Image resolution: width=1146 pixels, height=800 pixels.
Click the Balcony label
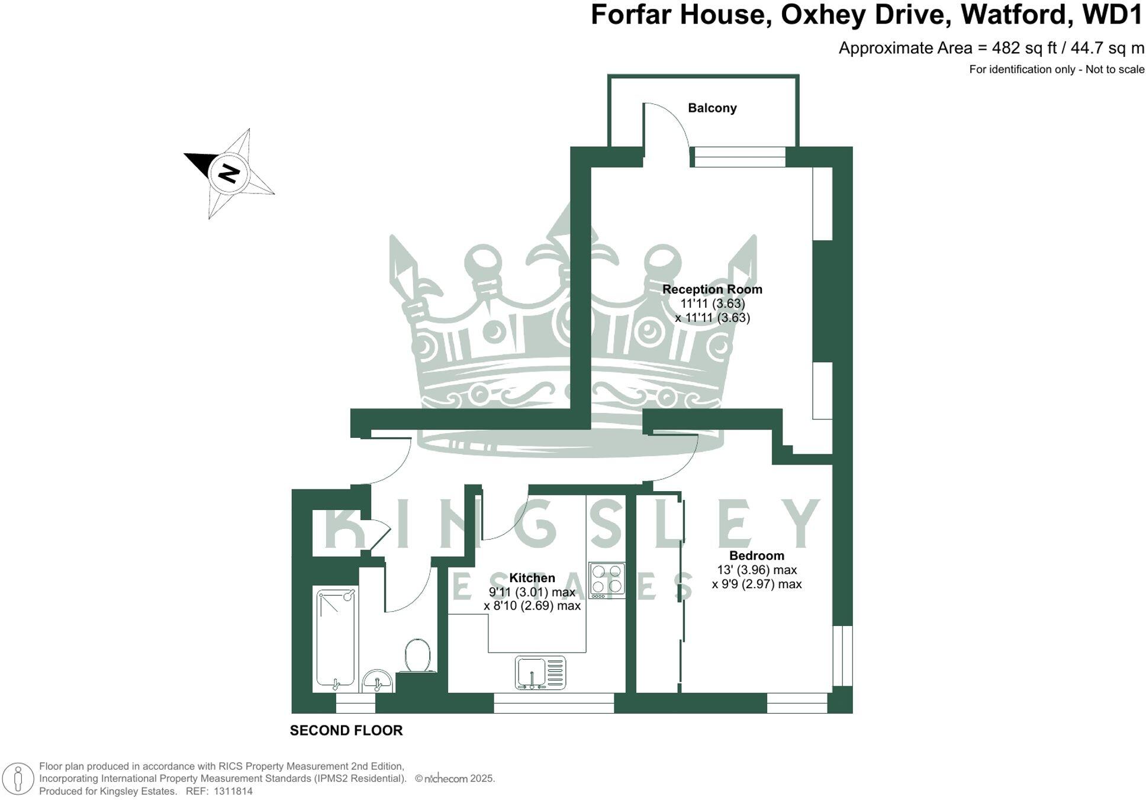[712, 108]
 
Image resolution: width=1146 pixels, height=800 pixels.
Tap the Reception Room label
[712, 289]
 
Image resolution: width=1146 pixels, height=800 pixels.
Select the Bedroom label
[756, 556]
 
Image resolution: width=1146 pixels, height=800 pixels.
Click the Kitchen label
[532, 578]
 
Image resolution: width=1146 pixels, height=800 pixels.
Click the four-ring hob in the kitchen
[607, 580]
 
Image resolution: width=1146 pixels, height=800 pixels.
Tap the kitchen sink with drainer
[540, 673]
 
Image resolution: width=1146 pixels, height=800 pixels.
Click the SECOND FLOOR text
[346, 731]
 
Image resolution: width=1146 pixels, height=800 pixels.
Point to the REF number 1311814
[233, 791]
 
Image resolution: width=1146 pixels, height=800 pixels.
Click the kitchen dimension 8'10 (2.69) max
[532, 606]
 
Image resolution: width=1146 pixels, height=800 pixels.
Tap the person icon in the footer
[19, 779]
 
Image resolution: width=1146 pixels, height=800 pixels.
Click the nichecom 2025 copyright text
[455, 779]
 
